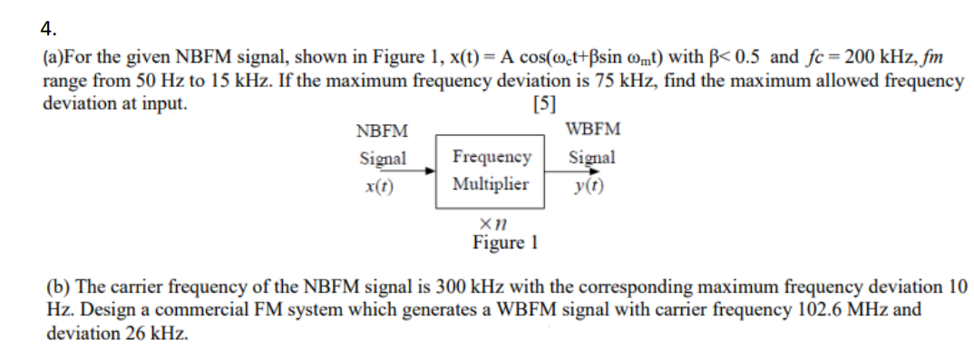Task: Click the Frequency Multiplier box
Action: [x=491, y=170]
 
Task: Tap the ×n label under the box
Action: [x=492, y=220]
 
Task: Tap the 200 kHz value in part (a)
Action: [x=886, y=58]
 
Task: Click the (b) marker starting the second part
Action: [x=59, y=287]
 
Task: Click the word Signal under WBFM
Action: [x=592, y=157]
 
